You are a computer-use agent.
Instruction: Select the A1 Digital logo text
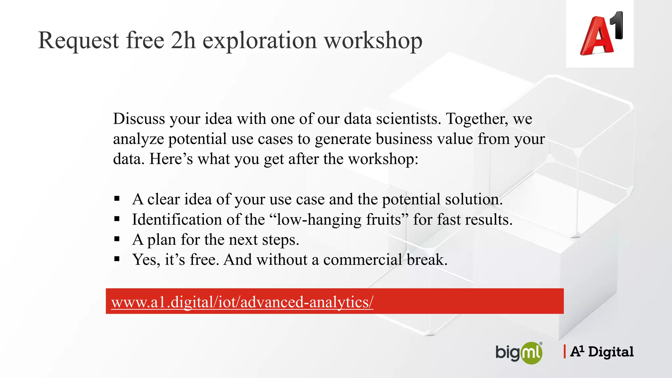click(602, 352)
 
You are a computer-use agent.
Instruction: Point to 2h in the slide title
click(183, 40)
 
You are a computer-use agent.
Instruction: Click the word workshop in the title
click(373, 40)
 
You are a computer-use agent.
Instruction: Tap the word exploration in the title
click(260, 40)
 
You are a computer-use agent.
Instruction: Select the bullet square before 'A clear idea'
click(117, 199)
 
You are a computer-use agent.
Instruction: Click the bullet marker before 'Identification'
click(117, 219)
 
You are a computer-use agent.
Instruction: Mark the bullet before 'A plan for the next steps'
click(117, 239)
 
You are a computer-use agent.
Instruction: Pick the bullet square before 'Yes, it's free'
click(117, 259)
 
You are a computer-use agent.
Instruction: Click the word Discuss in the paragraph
click(139, 119)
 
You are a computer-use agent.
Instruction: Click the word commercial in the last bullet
click(363, 260)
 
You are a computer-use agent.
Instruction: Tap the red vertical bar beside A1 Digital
click(564, 351)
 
